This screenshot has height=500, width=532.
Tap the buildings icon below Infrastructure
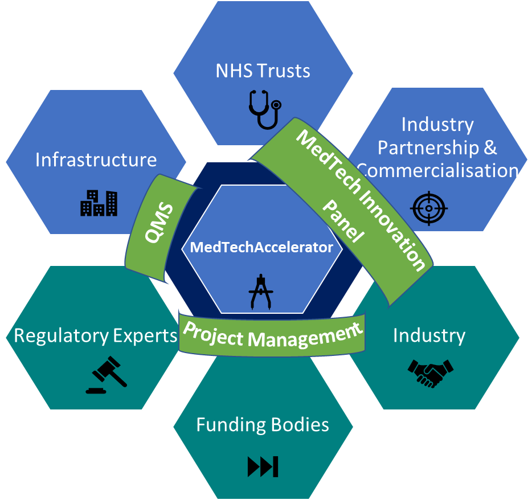(99, 202)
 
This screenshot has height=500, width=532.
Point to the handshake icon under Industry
(430, 373)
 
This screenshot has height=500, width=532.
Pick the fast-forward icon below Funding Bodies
(263, 466)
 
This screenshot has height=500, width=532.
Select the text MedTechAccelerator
(261, 247)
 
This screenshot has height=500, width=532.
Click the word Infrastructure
(96, 160)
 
